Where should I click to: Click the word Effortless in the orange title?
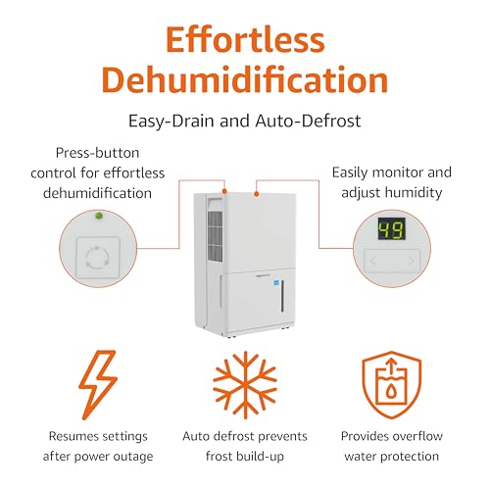coord(245,41)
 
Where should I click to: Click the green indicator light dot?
coord(98,217)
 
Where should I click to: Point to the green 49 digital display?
coord(391,230)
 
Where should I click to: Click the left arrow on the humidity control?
coord(373,261)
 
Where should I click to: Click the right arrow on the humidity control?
coord(411,261)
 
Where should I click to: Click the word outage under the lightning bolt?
coord(134,457)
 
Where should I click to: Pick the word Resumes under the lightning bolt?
coord(74,435)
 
